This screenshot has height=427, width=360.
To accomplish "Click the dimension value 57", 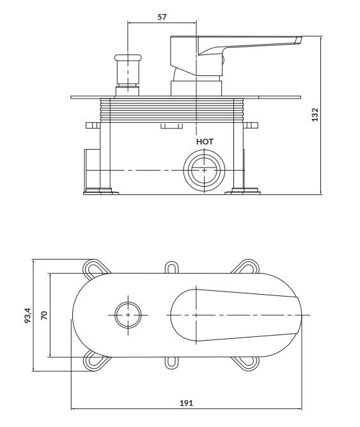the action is tap(162, 17).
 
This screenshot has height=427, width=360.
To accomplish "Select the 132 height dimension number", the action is tap(315, 114).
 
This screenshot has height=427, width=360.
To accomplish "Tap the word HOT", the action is tap(205, 142).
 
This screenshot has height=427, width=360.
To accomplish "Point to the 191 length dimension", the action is tap(186, 403).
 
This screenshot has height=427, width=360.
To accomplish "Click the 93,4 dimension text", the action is tap(28, 315).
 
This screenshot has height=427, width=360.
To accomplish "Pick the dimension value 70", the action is tap(44, 315).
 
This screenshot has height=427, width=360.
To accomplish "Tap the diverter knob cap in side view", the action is tap(128, 58).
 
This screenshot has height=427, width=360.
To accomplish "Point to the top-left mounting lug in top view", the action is tap(95, 268).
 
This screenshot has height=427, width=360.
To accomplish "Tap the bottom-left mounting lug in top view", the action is tap(95, 362).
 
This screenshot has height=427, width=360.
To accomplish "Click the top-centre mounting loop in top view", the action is tap(171, 267).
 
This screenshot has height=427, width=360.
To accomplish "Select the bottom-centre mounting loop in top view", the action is tap(171, 362).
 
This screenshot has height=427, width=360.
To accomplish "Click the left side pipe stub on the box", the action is tap(92, 170).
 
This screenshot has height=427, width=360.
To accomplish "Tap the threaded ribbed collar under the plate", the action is tap(171, 110).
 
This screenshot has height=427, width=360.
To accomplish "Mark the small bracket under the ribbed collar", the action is tap(171, 125).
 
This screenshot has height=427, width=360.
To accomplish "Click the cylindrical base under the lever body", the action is tap(196, 88).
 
